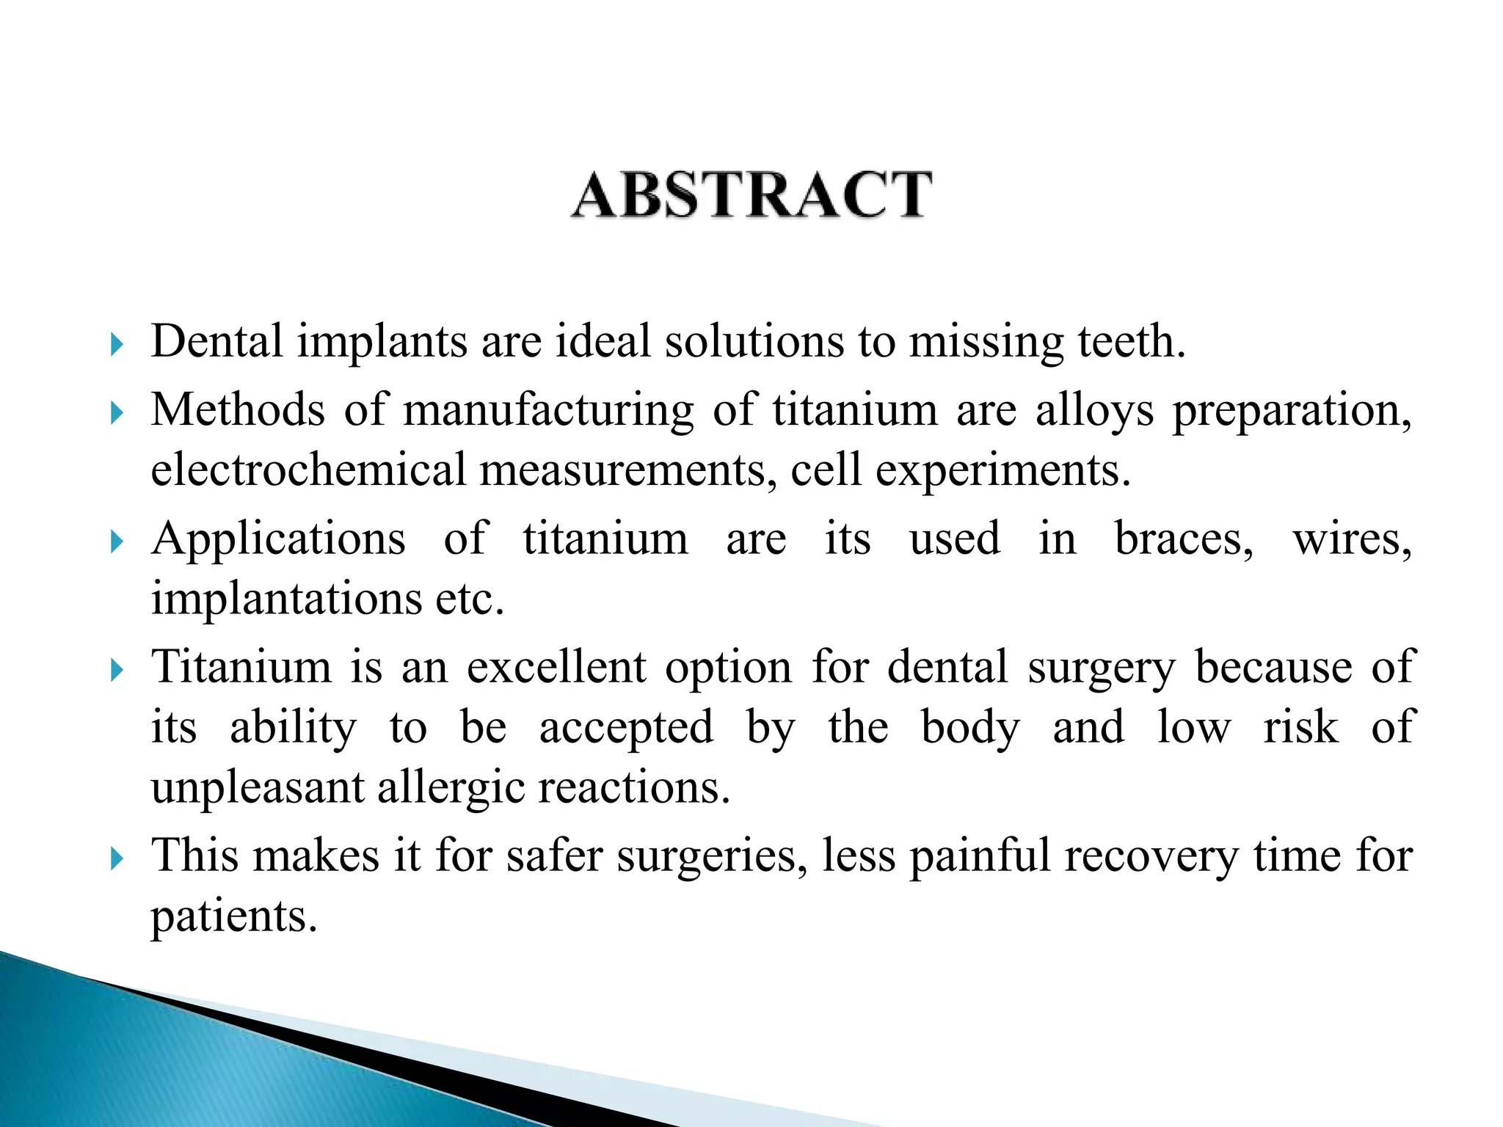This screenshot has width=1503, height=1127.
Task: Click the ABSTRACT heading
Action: click(751, 194)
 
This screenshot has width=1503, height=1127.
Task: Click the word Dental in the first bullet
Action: click(216, 341)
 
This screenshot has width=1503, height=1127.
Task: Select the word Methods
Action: click(237, 409)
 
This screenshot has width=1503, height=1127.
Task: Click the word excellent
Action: click(556, 668)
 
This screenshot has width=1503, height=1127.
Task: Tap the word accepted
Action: click(626, 729)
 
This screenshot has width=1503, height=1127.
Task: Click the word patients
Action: click(234, 917)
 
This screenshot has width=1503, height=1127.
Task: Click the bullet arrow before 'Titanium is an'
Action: click(117, 669)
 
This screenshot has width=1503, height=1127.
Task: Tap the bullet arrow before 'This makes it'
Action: click(117, 857)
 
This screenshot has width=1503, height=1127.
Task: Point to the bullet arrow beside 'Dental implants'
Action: click(117, 343)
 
